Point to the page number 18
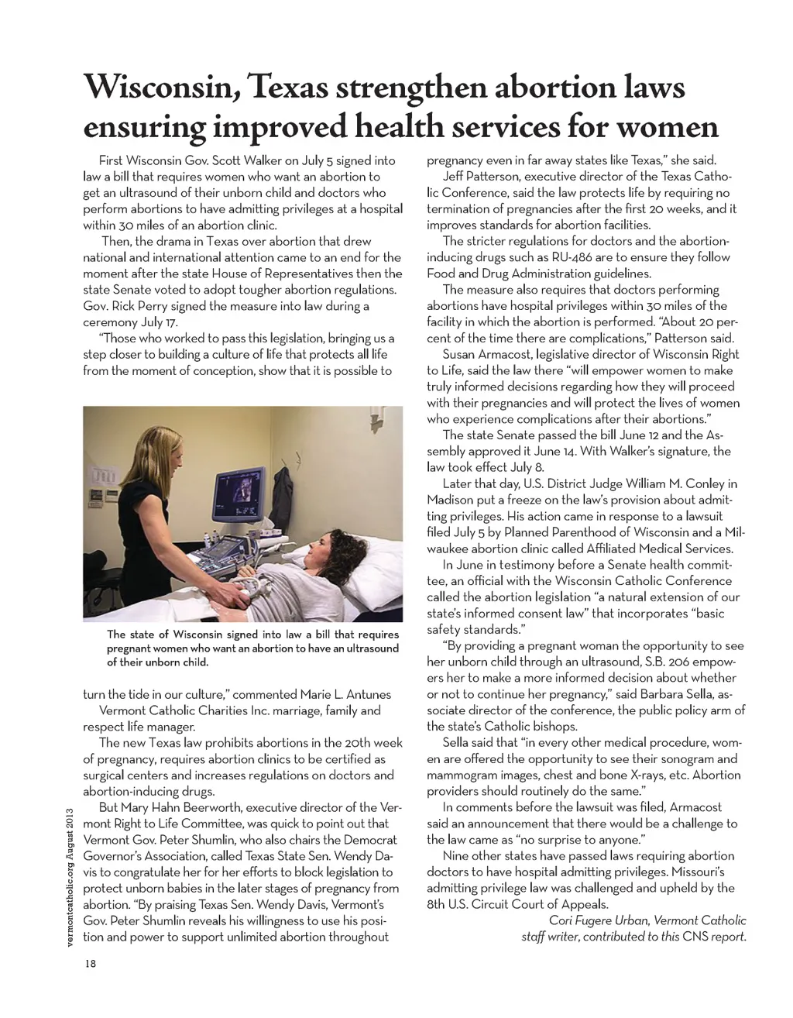click(91, 963)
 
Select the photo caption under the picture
click(252, 648)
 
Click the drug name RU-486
click(555, 257)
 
